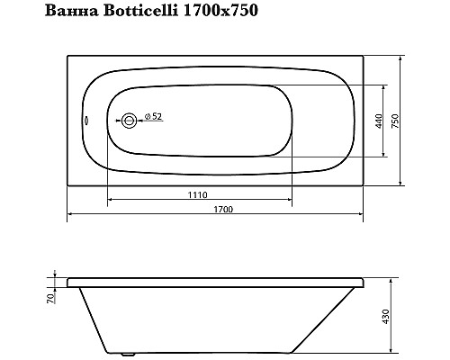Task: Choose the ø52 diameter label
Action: (152, 117)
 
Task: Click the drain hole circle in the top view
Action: (130, 120)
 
